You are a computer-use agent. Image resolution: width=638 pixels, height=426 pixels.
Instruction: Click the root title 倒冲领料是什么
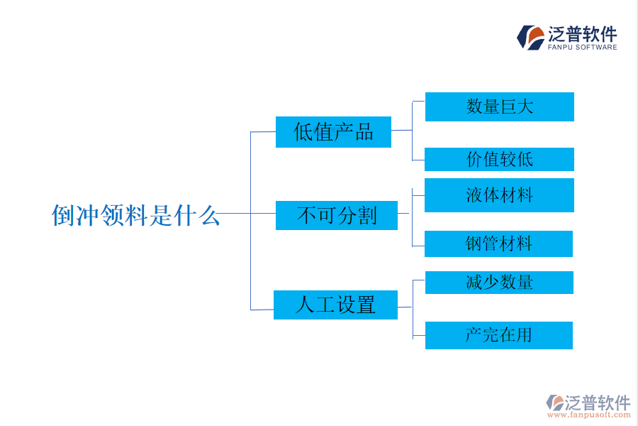click(x=136, y=215)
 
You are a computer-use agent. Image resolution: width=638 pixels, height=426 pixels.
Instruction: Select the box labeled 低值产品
click(x=333, y=132)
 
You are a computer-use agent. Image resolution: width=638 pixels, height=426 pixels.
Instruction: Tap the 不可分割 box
click(x=337, y=215)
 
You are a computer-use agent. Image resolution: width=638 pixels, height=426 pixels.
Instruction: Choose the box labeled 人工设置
click(x=335, y=305)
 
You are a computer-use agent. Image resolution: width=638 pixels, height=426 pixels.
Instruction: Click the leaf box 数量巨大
click(x=499, y=106)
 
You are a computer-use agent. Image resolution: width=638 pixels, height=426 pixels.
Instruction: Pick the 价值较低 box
click(x=499, y=159)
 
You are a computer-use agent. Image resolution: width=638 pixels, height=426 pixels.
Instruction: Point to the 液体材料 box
click(x=499, y=195)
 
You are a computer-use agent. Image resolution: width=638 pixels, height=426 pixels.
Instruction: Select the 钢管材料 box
click(x=498, y=244)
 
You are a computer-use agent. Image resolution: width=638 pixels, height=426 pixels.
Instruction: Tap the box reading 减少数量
click(x=499, y=283)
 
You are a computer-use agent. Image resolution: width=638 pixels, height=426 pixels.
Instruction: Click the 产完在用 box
click(x=498, y=335)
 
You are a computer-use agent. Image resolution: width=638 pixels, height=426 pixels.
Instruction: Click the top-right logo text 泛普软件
click(x=583, y=34)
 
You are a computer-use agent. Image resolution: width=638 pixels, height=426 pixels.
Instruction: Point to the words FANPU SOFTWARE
click(x=582, y=48)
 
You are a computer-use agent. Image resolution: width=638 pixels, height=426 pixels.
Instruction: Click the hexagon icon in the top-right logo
click(x=530, y=38)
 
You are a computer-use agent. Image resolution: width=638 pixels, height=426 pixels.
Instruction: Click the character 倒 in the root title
click(x=62, y=215)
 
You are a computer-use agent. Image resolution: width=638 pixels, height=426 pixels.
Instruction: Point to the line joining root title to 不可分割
click(x=245, y=213)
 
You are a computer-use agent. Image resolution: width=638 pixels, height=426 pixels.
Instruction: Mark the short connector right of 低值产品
click(x=401, y=131)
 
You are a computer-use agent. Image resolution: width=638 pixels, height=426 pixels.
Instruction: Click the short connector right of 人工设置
click(x=405, y=307)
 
